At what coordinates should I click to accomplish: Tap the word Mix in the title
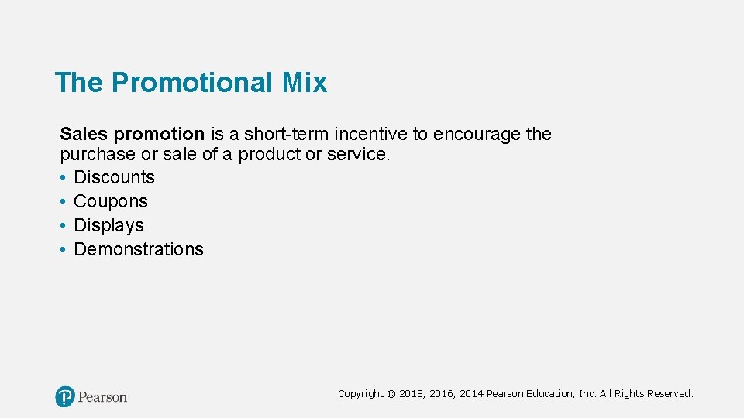308,83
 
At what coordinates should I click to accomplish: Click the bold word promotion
158,134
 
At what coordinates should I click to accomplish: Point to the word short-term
286,134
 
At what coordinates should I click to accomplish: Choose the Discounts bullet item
114,177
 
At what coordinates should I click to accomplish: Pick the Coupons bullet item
110,201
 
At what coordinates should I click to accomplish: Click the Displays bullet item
108,225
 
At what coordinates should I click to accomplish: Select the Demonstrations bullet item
138,249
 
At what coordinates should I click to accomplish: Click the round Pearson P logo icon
65,397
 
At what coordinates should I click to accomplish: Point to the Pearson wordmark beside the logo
102,397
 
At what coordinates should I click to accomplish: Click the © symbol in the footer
391,394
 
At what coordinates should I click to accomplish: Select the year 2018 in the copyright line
412,394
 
